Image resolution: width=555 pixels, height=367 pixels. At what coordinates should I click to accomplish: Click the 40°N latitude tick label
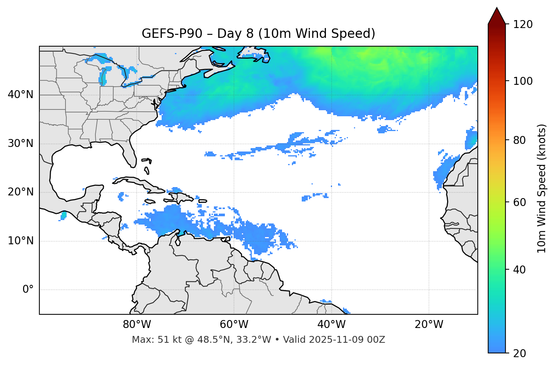[x=20, y=95]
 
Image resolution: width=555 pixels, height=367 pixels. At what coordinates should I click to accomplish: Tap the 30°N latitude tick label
[x=20, y=144]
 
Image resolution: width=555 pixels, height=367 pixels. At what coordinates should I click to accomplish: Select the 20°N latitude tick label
[x=20, y=192]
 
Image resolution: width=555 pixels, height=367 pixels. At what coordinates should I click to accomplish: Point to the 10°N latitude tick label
[x=20, y=241]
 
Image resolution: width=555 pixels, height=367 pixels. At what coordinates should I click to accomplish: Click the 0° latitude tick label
[x=28, y=290]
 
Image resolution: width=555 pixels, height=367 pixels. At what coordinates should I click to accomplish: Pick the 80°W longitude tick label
[x=137, y=325]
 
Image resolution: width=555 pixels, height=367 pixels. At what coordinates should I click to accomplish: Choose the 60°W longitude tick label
[x=234, y=325]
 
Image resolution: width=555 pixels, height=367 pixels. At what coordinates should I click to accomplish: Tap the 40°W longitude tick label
[x=331, y=325]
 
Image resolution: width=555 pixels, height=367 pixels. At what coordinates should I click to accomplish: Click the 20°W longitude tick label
[x=429, y=325]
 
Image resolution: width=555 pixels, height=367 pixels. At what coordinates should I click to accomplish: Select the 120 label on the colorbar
[x=522, y=25]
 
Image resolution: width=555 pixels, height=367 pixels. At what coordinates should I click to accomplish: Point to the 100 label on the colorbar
[x=522, y=81]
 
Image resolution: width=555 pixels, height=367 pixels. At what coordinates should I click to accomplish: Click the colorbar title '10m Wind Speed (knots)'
[x=542, y=188]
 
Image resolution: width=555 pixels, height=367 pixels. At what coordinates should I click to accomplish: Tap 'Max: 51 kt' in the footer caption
[x=150, y=340]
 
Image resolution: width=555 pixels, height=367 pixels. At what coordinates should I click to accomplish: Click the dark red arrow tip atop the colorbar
[x=497, y=14]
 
